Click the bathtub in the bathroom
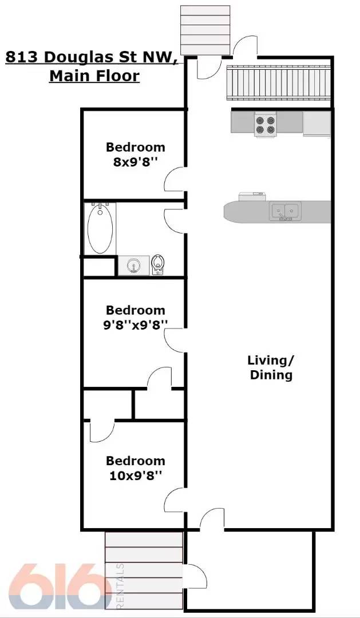tap(100, 229)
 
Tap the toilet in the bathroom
tap(159, 264)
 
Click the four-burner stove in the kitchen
tap(265, 125)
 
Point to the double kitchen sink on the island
tap(284, 211)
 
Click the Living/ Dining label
tap(271, 367)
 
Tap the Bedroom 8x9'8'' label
tap(136, 154)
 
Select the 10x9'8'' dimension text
tap(136, 475)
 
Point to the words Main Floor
tap(94, 76)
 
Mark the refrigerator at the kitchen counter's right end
tap(317, 124)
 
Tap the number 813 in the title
tap(23, 57)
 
